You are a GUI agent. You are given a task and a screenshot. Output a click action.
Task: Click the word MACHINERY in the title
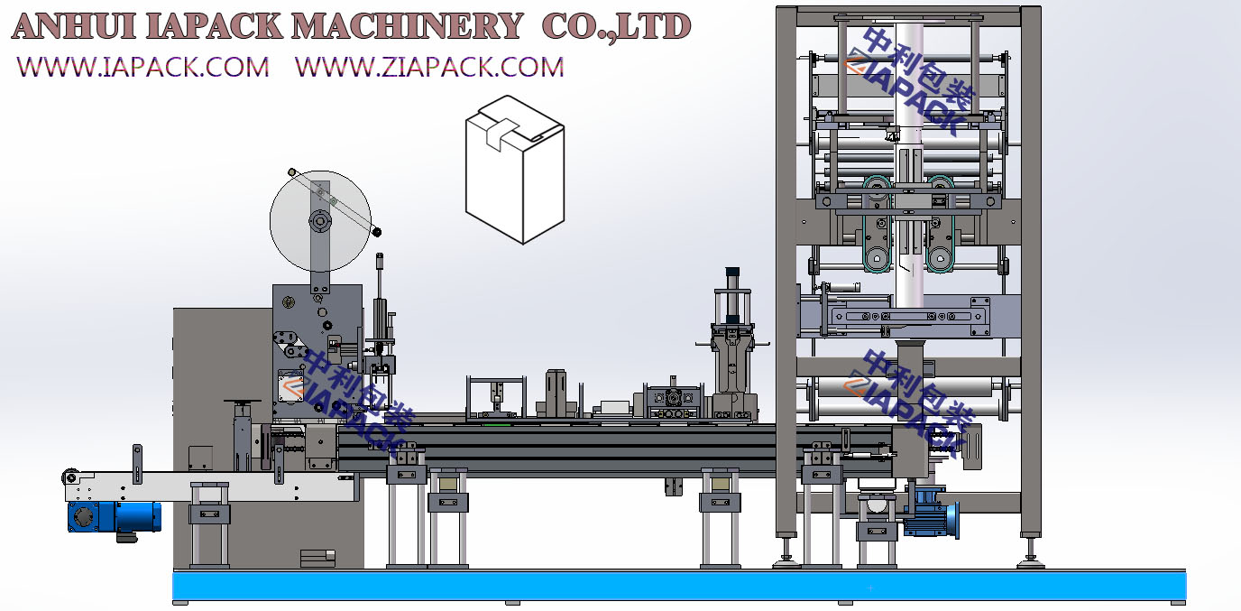point(407,26)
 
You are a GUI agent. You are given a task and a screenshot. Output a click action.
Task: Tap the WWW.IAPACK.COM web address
point(142,67)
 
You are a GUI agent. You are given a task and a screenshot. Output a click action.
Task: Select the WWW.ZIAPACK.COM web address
point(429,67)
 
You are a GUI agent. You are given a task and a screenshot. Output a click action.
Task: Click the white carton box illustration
point(515,169)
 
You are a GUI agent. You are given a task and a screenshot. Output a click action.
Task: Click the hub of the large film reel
point(319,222)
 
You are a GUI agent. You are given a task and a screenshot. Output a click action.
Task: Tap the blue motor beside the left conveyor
point(115,517)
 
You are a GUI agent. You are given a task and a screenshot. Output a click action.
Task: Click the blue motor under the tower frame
point(931,513)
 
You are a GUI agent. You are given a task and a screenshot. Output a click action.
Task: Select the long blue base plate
point(679,586)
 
